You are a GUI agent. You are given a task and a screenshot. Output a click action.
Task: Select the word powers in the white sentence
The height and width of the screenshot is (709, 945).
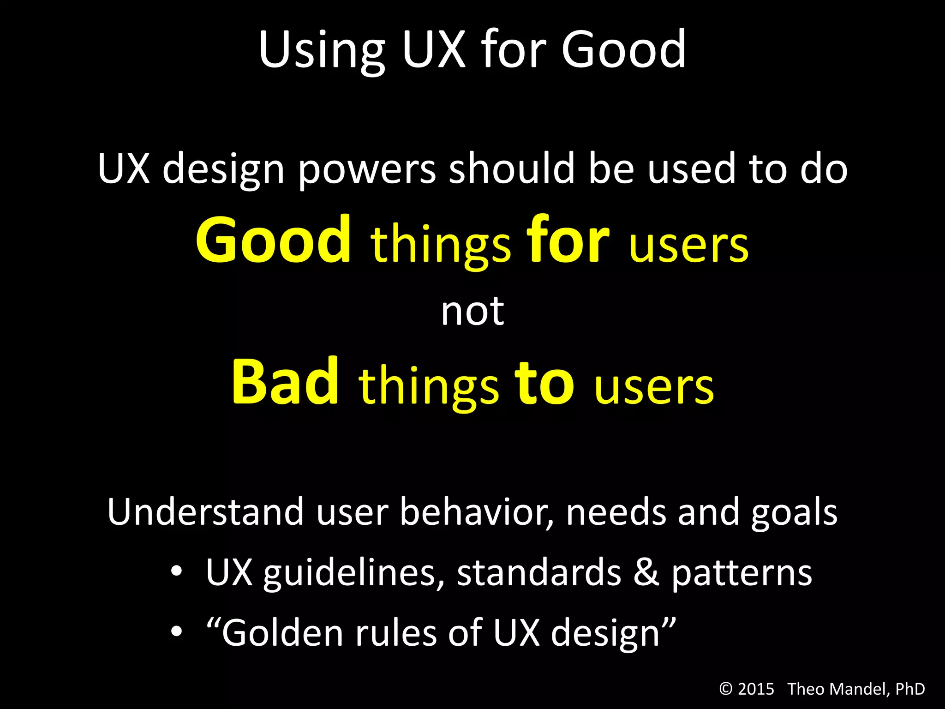367,169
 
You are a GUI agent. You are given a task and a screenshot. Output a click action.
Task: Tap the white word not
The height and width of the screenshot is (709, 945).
472,312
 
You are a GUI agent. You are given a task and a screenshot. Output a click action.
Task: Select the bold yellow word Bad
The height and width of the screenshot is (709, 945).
286,382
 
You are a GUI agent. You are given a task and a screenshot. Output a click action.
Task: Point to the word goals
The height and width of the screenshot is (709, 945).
794,512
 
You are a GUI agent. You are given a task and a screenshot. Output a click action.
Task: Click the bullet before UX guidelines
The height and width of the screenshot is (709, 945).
177,572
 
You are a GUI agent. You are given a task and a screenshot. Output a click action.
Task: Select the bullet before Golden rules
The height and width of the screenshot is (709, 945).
177,631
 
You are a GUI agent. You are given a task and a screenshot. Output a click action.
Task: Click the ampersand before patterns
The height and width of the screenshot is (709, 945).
646,572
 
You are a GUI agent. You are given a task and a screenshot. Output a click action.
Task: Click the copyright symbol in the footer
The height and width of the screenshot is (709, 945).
726,689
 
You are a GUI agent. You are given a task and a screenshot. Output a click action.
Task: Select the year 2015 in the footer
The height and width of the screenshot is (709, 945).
756,689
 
